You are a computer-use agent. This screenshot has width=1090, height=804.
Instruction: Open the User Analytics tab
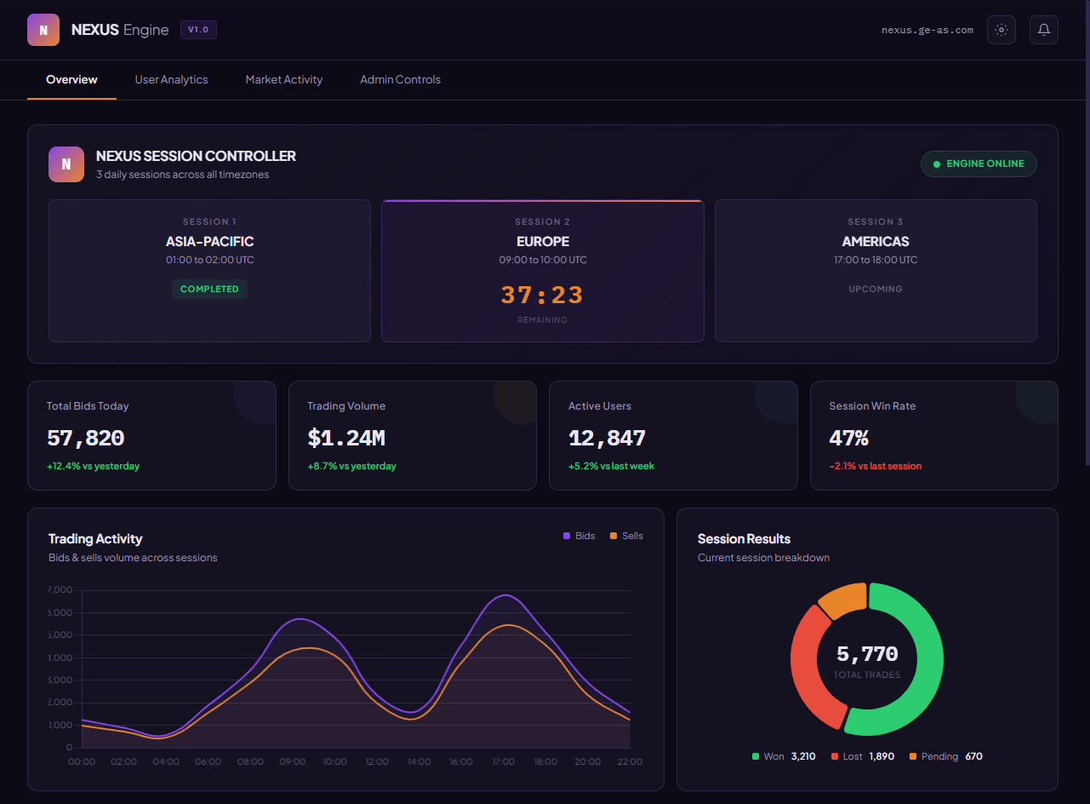tap(171, 79)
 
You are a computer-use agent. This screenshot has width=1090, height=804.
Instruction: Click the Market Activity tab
tap(284, 79)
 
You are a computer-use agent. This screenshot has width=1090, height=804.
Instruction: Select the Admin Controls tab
tap(400, 79)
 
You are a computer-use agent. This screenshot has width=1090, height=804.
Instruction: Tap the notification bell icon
tap(1043, 30)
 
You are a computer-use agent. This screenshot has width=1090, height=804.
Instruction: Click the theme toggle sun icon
tap(1001, 30)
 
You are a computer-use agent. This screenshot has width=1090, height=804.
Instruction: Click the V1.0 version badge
tap(198, 30)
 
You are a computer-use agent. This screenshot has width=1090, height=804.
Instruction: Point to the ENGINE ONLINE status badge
tap(979, 164)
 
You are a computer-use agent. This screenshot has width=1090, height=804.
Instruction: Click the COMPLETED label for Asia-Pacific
tap(209, 289)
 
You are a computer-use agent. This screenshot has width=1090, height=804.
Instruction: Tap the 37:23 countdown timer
tap(542, 296)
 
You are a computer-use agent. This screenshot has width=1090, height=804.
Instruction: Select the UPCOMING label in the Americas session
tap(875, 289)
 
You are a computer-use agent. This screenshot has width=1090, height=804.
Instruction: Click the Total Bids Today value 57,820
tap(85, 439)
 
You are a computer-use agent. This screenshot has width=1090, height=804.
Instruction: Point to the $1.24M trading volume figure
tap(346, 439)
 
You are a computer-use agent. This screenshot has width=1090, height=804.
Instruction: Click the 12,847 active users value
tap(607, 439)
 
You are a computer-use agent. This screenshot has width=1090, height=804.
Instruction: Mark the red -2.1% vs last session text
tap(875, 466)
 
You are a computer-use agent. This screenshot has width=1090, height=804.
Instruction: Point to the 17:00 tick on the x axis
tap(504, 761)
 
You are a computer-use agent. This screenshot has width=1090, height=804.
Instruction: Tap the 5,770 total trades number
tap(866, 654)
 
